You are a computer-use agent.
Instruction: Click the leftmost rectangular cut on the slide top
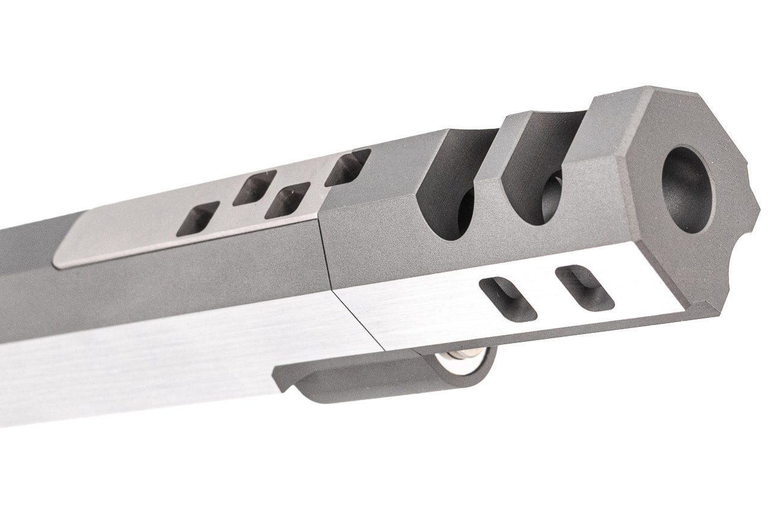pyautogui.click(x=197, y=219)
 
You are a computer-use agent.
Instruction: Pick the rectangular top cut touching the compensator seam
pyautogui.click(x=348, y=167)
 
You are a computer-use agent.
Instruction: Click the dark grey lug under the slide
pyautogui.click(x=385, y=382)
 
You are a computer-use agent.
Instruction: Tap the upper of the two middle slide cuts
pyautogui.click(x=254, y=187)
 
